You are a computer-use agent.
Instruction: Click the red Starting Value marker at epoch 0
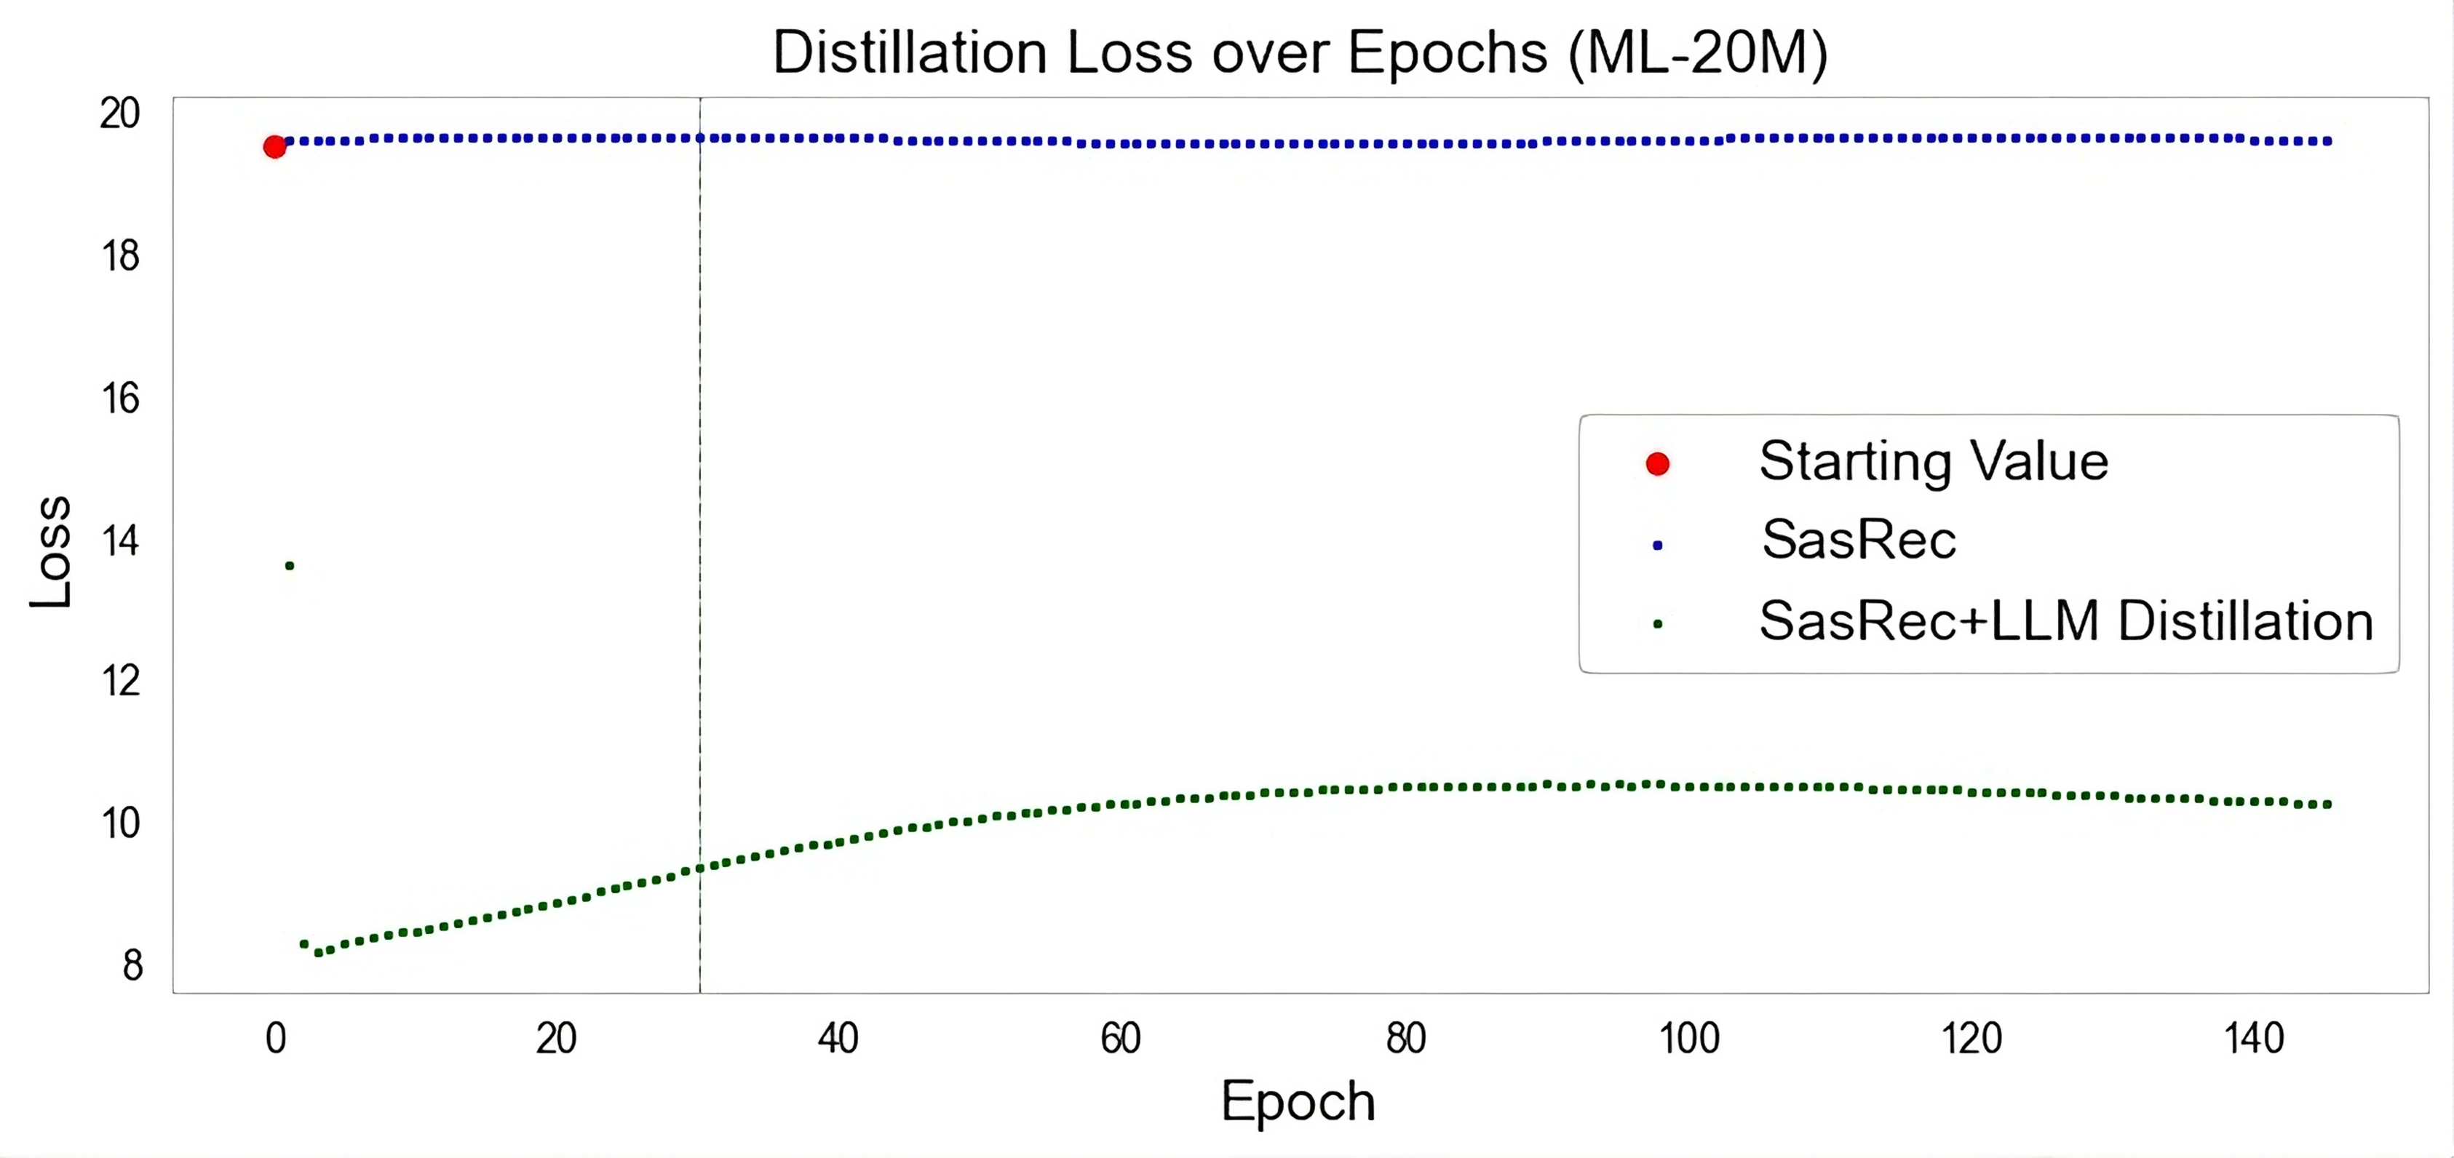tap(274, 147)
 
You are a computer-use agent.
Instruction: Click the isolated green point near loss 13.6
tap(290, 566)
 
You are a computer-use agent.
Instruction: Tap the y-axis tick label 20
tap(120, 113)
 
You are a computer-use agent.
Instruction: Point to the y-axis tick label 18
tap(120, 256)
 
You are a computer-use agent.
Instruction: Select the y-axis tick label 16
tap(120, 398)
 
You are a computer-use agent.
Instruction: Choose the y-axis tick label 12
tap(120, 681)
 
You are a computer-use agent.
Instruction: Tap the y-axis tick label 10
tap(120, 823)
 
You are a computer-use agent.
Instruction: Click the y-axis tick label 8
tap(132, 965)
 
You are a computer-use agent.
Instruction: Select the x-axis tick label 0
tap(275, 1038)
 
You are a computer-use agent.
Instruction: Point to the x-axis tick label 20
tap(556, 1038)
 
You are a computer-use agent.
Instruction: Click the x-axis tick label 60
tap(1121, 1038)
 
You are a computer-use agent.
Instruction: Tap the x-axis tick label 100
tap(1689, 1038)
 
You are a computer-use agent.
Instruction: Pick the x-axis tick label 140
tap(2254, 1038)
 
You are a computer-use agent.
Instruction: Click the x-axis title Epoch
tap(1298, 1102)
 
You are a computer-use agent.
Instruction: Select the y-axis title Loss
tap(50, 551)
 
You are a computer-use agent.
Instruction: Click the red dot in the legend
tap(1658, 464)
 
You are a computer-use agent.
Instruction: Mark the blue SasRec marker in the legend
tap(1658, 545)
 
